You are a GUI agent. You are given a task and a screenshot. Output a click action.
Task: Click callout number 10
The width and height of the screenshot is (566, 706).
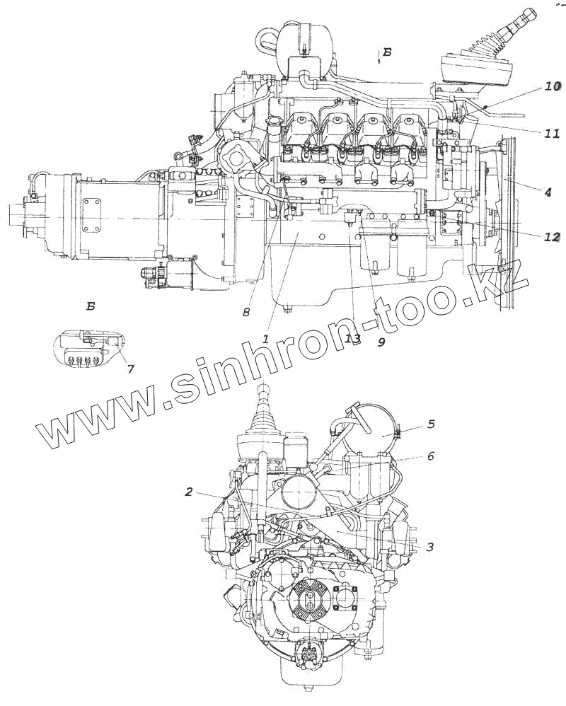[x=552, y=87]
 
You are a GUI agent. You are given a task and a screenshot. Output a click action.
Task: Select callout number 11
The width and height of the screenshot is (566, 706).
[x=552, y=133]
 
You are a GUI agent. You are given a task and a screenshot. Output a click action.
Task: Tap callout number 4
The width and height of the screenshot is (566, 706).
[x=548, y=191]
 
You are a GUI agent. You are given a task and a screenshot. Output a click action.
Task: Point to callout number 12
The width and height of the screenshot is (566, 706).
[x=552, y=237]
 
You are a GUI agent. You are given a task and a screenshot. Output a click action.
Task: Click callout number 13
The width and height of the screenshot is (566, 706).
[x=353, y=339]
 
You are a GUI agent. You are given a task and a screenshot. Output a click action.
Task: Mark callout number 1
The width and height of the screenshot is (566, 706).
[x=266, y=339]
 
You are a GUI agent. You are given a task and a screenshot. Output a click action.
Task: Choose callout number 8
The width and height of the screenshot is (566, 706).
[x=246, y=311]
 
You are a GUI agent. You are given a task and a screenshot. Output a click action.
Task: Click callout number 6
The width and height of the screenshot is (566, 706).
[x=429, y=456]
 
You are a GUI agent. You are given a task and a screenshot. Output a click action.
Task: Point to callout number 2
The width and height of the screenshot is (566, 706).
[x=189, y=492]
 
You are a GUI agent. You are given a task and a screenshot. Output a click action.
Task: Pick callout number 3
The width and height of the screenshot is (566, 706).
[x=429, y=547]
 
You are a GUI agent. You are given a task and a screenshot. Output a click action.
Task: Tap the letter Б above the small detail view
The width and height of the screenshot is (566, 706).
[x=91, y=307]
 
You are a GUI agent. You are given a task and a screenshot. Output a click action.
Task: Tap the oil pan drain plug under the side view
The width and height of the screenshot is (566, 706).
[x=287, y=308]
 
